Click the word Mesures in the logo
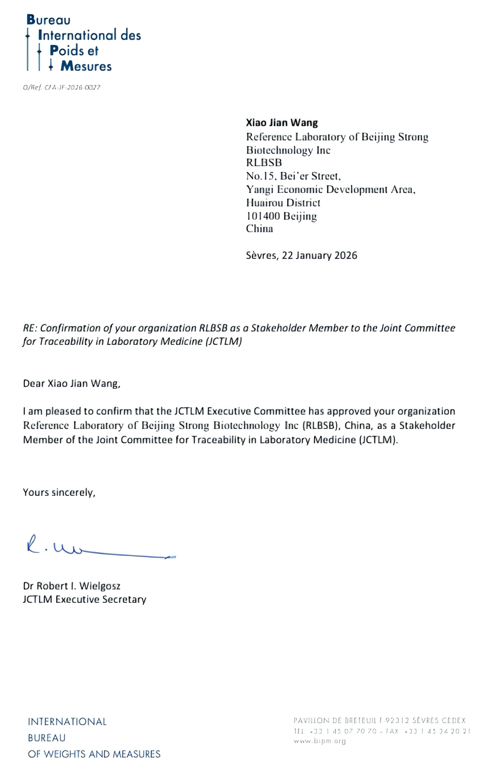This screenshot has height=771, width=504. pyautogui.click(x=86, y=66)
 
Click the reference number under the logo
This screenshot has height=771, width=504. pyautogui.click(x=62, y=88)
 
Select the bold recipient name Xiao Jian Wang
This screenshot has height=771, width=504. pyautogui.click(x=282, y=123)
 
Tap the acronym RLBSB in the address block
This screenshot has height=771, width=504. pyautogui.click(x=264, y=163)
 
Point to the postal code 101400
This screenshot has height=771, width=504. pyautogui.click(x=263, y=216)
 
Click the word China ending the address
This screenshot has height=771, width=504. pyautogui.click(x=259, y=229)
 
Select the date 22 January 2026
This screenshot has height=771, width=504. pyautogui.click(x=319, y=255)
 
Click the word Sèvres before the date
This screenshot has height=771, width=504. pyautogui.click(x=261, y=255)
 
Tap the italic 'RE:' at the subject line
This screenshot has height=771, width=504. pyautogui.click(x=30, y=328)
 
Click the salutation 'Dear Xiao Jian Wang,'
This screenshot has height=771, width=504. pyautogui.click(x=72, y=384)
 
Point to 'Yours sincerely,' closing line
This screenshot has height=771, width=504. pyautogui.click(x=59, y=492)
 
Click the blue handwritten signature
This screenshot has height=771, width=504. pyautogui.click(x=98, y=548)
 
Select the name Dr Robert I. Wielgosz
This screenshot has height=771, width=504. pyautogui.click(x=72, y=586)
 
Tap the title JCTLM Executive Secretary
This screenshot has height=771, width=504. pyautogui.click(x=85, y=599)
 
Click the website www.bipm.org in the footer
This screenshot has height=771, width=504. pyautogui.click(x=319, y=741)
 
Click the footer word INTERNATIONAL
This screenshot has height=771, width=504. pyautogui.click(x=67, y=722)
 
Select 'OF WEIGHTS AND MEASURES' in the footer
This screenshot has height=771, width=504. pyautogui.click(x=94, y=754)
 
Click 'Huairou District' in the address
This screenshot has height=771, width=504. pyautogui.click(x=283, y=203)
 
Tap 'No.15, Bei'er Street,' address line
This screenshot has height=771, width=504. pyautogui.click(x=293, y=176)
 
